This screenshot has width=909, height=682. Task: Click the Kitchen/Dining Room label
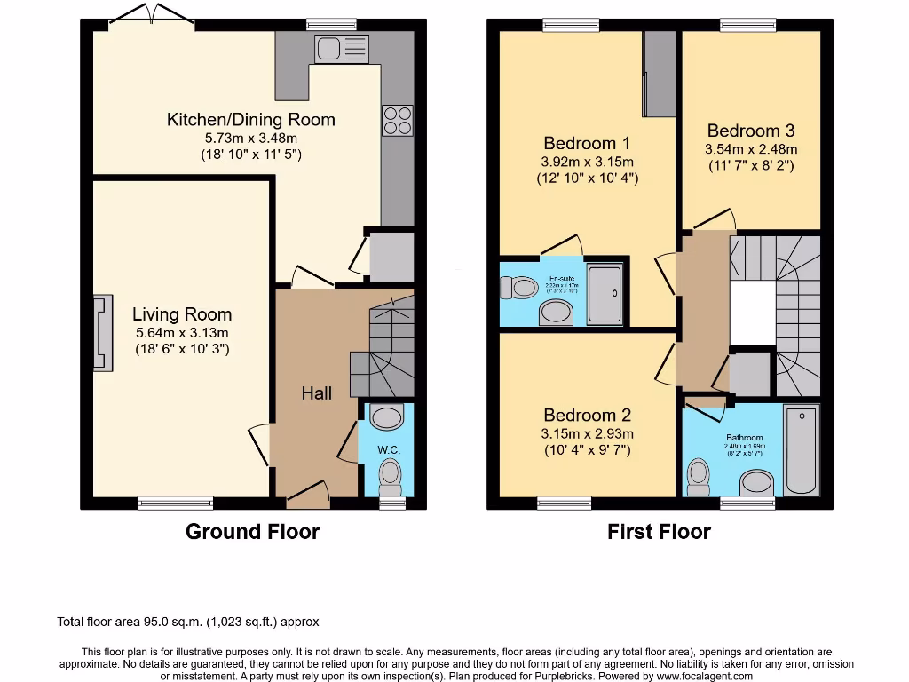(x=251, y=119)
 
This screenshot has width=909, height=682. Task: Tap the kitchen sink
(x=341, y=48)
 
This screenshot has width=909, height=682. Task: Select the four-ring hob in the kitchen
(x=398, y=121)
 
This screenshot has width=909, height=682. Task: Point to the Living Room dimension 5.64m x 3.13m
(x=182, y=333)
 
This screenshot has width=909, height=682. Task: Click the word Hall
(x=316, y=393)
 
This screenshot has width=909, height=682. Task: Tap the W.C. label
(x=389, y=450)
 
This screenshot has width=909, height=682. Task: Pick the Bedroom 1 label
(x=587, y=143)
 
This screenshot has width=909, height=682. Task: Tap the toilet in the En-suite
(x=518, y=287)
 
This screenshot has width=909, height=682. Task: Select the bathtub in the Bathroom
(x=802, y=450)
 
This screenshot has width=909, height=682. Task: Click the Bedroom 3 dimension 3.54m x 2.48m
(x=751, y=149)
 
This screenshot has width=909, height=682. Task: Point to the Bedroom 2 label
(x=587, y=415)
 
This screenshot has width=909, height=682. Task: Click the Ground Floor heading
(x=252, y=532)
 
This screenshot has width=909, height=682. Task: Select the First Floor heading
(x=659, y=532)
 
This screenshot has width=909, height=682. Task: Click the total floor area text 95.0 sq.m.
(x=187, y=622)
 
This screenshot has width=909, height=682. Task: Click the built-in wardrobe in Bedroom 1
(x=659, y=74)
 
